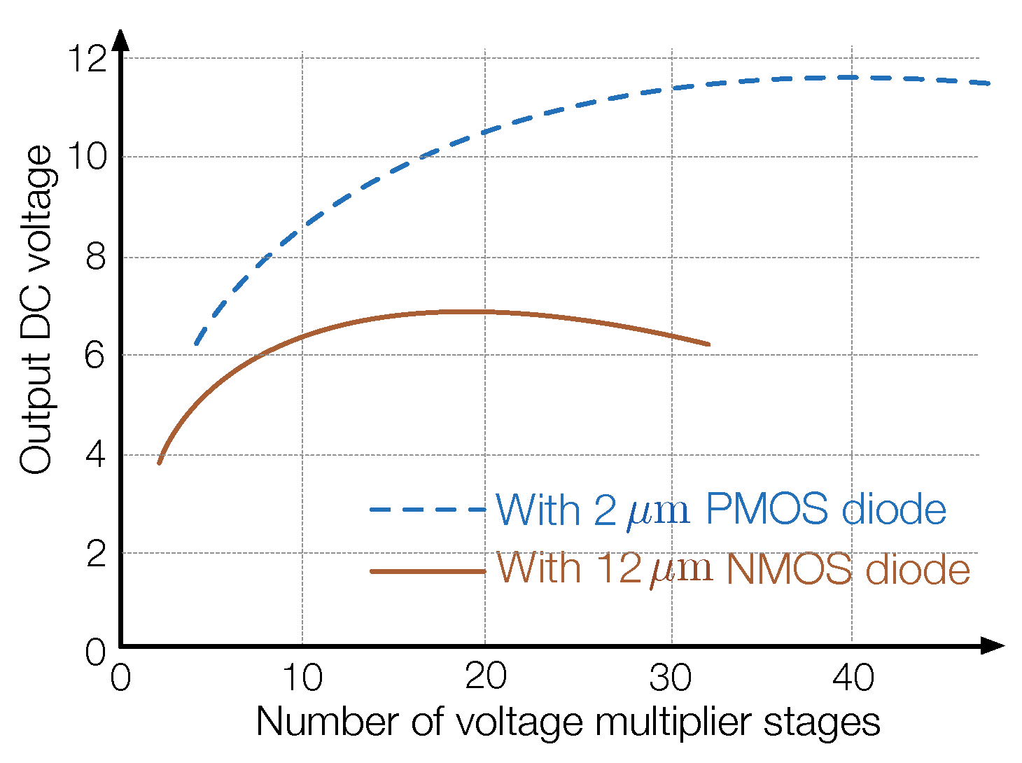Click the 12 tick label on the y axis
[86, 59]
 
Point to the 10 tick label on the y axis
[86, 157]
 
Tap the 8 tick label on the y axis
[95, 258]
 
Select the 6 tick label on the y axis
[95, 356]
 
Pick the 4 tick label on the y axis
[95, 455]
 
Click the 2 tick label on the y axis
[95, 554]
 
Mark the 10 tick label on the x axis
[302, 678]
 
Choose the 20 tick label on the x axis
[485, 678]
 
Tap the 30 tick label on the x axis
[671, 678]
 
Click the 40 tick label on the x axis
[853, 678]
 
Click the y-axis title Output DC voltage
[35, 309]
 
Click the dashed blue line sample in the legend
[427, 510]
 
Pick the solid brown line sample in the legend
[427, 571]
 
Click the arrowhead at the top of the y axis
[121, 39]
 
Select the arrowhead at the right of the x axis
[993, 645]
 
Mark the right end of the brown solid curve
[708, 344]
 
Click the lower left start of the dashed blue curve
[197, 343]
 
